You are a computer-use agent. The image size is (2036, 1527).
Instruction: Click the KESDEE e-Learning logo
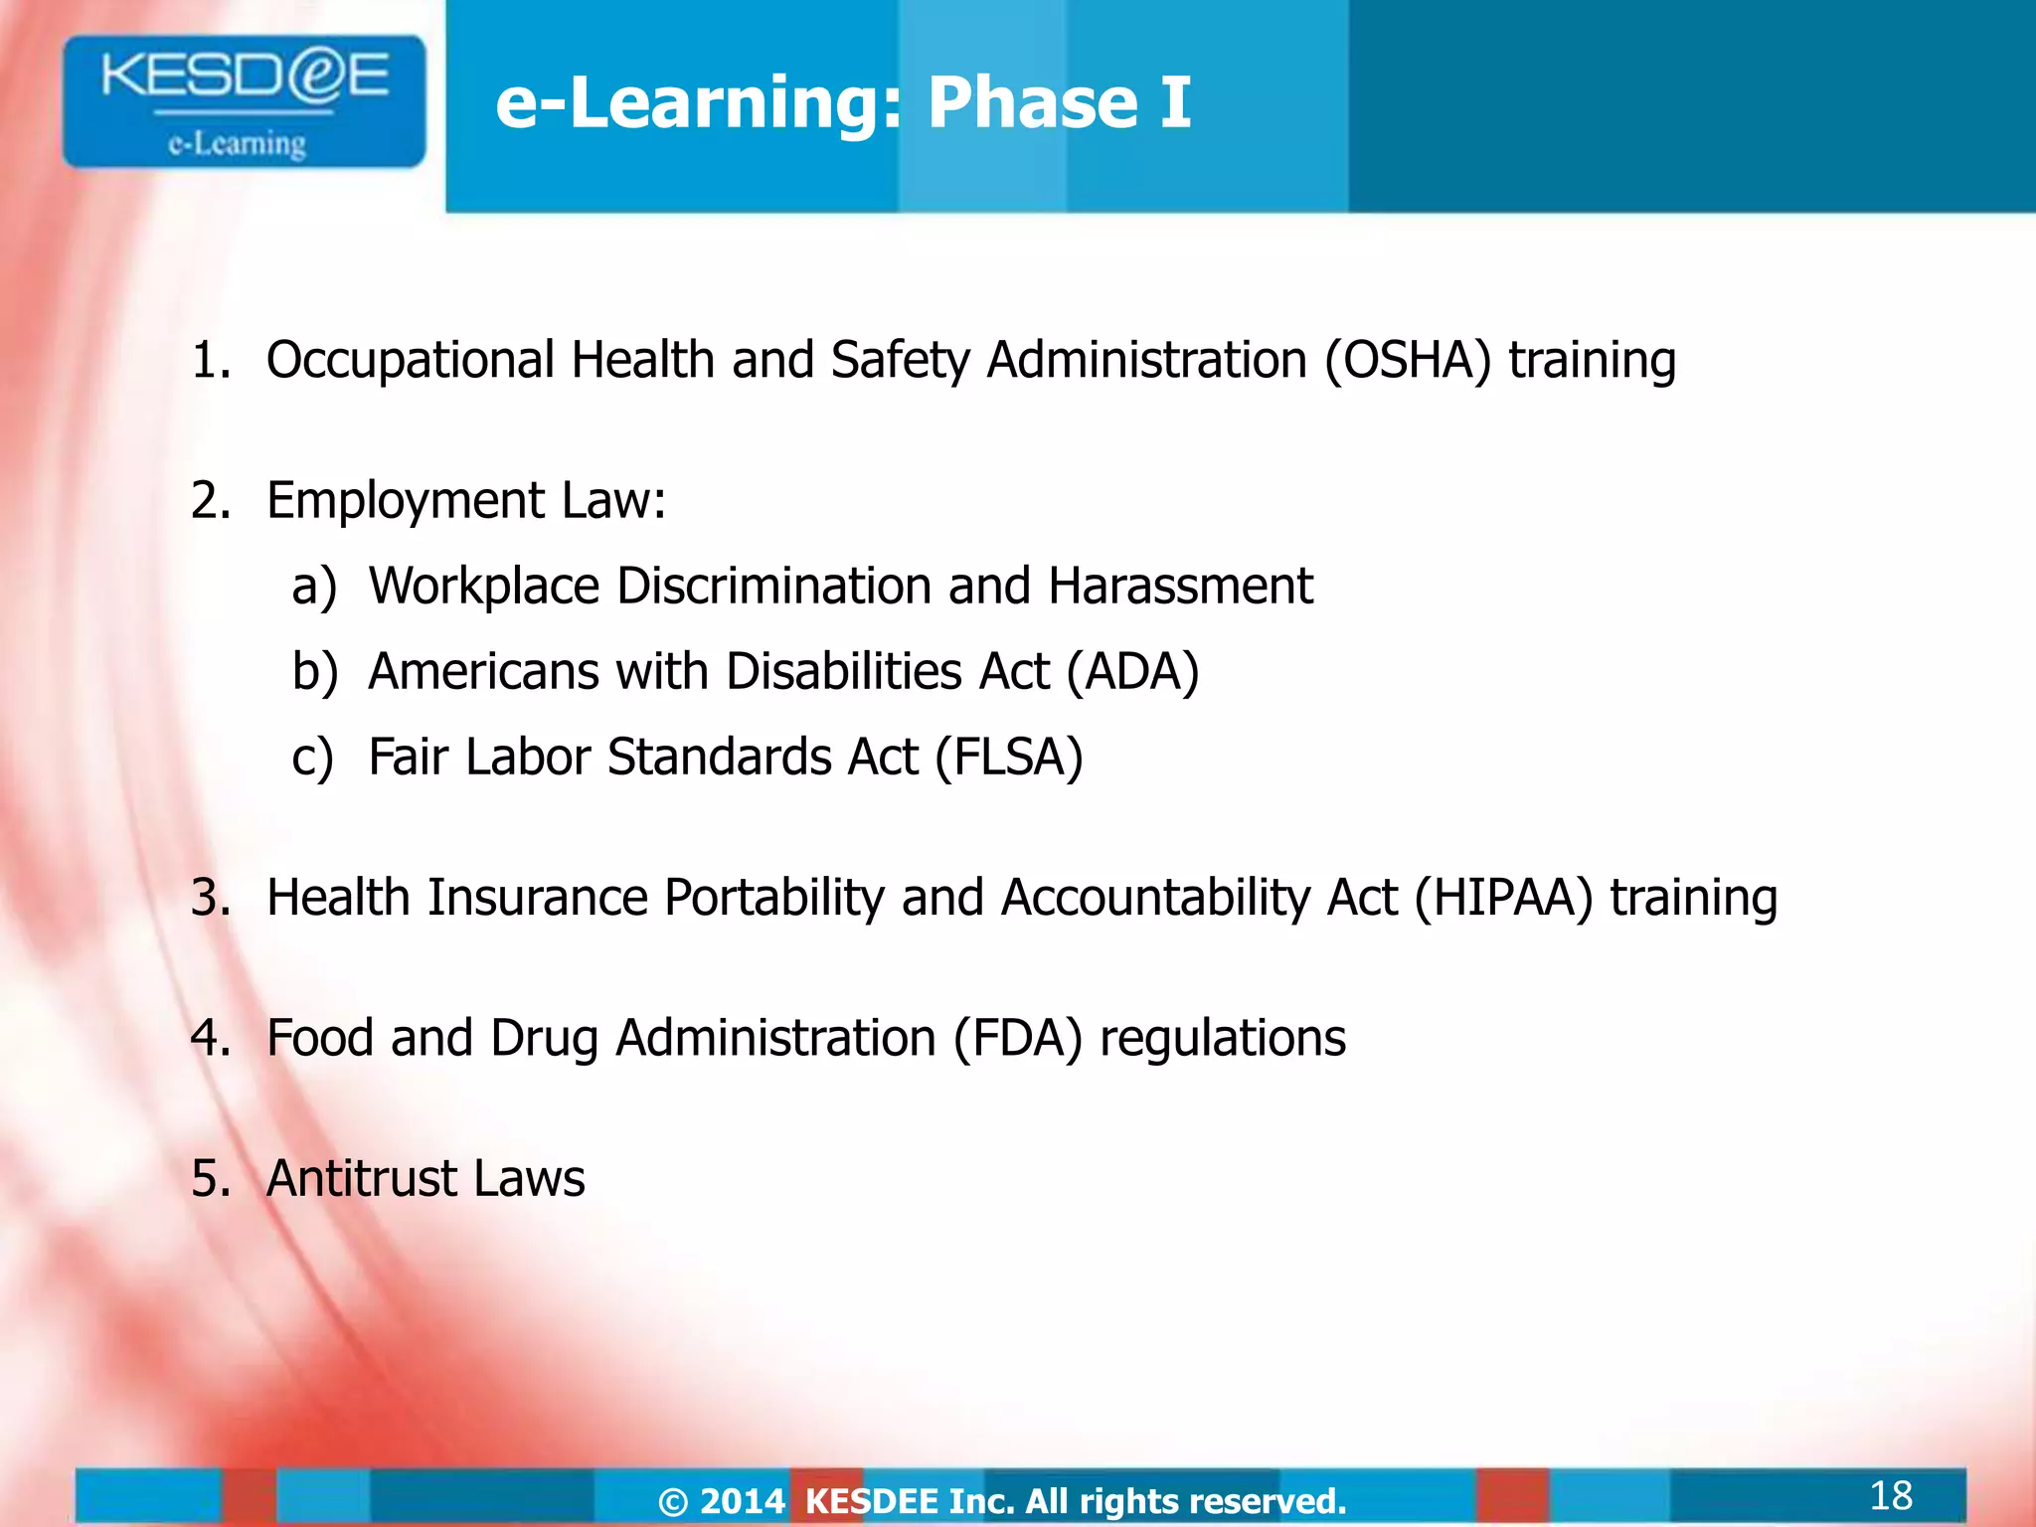pos(244,102)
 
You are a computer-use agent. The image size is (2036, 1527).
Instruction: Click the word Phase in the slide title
pos(1033,102)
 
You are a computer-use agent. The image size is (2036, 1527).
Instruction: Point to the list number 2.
pos(209,500)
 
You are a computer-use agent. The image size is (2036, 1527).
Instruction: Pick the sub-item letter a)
pos(314,587)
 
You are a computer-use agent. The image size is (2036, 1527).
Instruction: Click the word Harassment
pos(1180,586)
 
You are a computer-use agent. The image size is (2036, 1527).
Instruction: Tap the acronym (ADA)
pos(1133,672)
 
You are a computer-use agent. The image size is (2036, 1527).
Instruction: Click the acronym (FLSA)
pos(1009,758)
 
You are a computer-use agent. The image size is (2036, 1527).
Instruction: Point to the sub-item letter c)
pos(312,758)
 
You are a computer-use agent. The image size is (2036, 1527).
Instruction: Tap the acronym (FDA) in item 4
pos(1017,1039)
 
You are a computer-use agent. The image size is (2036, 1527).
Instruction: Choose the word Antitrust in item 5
pos(361,1179)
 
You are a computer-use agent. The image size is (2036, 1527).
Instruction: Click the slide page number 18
pos(1890,1495)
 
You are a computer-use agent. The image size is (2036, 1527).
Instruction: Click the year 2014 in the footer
pos(743,1501)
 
